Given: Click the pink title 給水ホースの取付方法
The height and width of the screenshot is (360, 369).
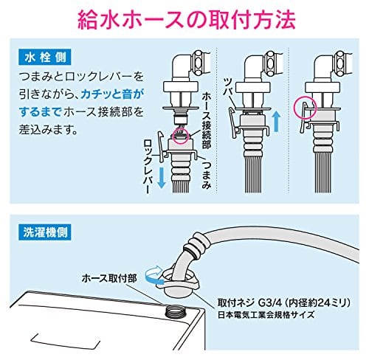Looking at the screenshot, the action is pyautogui.click(x=187, y=20).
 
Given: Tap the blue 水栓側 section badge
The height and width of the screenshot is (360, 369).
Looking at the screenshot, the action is pyautogui.click(x=45, y=58).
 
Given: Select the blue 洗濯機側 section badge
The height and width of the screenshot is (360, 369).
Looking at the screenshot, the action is pyautogui.click(x=45, y=232).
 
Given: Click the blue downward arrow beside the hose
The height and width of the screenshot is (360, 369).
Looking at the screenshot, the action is pyautogui.click(x=161, y=178).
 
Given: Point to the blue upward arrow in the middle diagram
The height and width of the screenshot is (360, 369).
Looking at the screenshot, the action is pyautogui.click(x=277, y=121).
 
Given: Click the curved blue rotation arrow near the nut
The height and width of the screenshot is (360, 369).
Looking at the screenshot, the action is pyautogui.click(x=153, y=275).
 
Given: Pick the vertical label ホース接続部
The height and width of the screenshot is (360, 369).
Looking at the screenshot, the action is pyautogui.click(x=206, y=121).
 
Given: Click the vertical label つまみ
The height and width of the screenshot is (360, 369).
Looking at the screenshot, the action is pyautogui.click(x=206, y=173).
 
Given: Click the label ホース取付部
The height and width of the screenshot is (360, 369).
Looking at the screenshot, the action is pyautogui.click(x=109, y=279).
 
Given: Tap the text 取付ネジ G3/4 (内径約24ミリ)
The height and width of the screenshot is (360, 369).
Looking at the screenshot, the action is pyautogui.click(x=284, y=303).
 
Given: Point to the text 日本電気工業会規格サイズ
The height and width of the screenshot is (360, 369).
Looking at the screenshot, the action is pyautogui.click(x=266, y=315).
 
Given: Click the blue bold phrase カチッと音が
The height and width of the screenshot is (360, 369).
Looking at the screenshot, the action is pyautogui.click(x=111, y=94).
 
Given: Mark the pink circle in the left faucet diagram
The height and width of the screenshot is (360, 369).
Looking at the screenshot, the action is pyautogui.click(x=181, y=136).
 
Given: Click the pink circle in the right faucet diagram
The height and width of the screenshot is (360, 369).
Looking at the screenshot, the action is pyautogui.click(x=306, y=108).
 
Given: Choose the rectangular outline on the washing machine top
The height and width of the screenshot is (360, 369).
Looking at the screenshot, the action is pyautogui.click(x=66, y=342).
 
